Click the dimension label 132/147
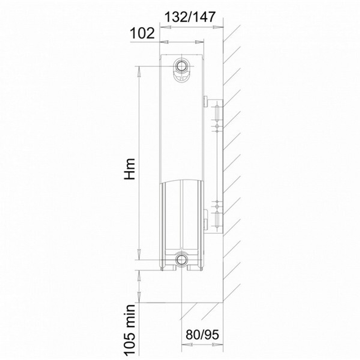190,17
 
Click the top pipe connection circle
181,65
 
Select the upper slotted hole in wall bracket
217,113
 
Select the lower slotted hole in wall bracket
217,220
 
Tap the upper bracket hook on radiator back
205,102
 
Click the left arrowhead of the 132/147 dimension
164,27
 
